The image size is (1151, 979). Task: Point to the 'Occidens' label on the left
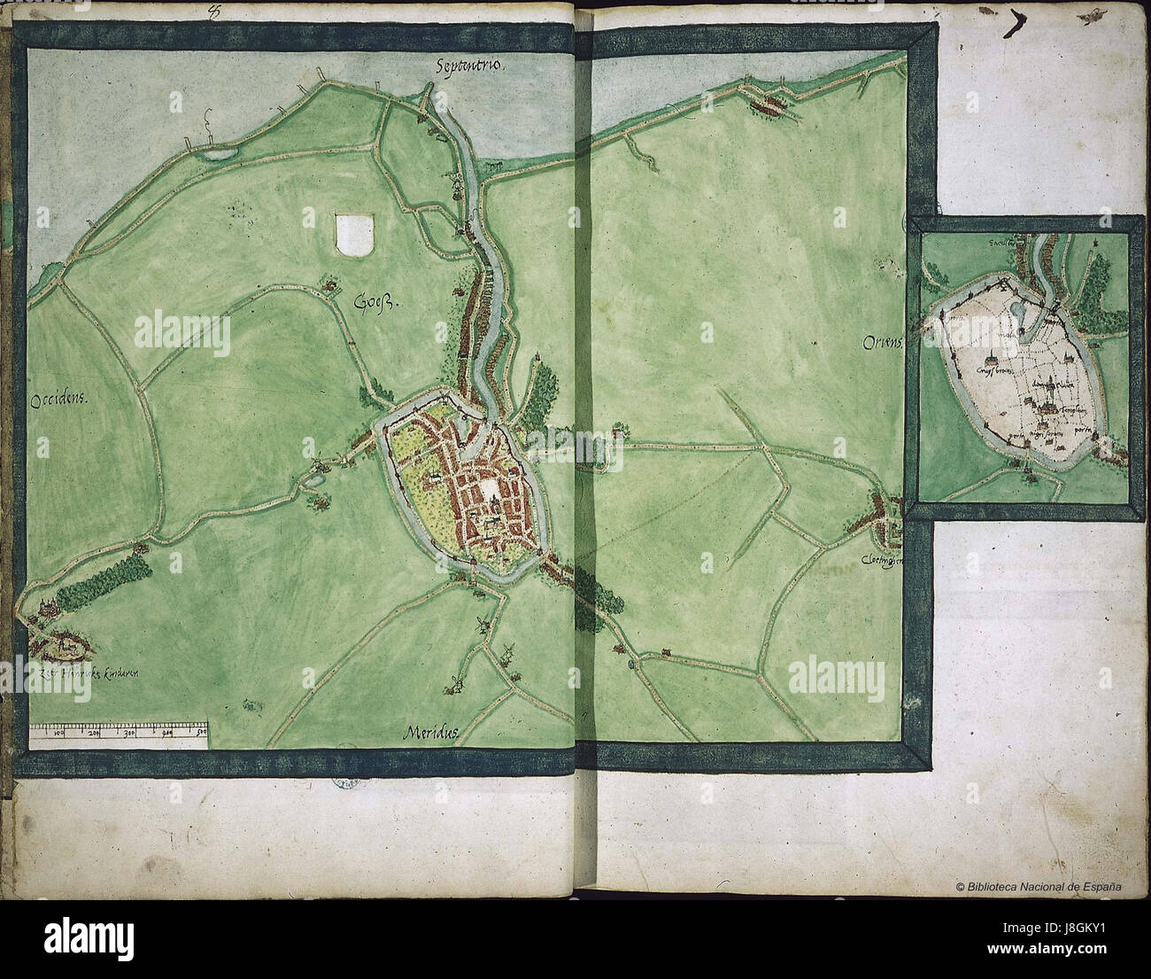(x=61, y=400)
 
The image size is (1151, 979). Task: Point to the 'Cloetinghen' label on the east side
(x=881, y=561)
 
